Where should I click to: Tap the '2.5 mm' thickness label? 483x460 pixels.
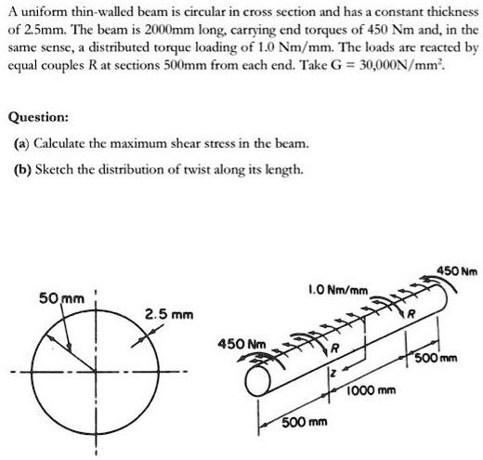coord(167,315)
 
